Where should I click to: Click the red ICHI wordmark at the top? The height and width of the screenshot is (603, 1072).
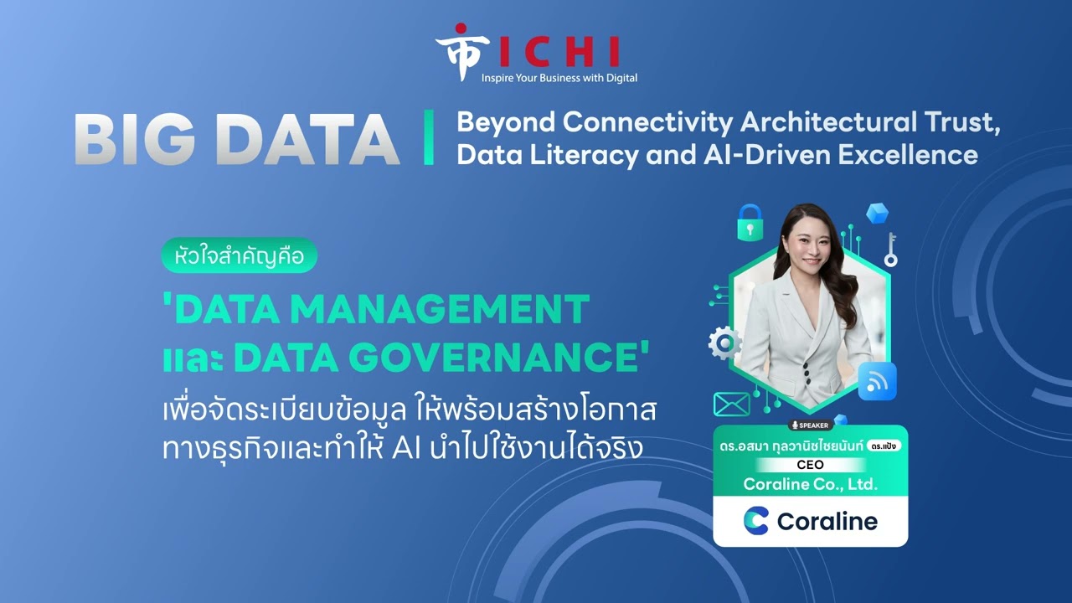click(559, 52)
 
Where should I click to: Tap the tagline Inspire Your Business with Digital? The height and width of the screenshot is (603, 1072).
click(559, 78)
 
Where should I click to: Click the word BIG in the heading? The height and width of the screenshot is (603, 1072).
click(136, 140)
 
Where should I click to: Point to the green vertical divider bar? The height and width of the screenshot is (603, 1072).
click(429, 138)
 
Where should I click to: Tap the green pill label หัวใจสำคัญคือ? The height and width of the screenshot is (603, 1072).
click(240, 255)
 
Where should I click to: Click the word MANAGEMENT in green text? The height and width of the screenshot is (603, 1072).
click(440, 310)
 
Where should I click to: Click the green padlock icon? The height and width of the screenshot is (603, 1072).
click(750, 223)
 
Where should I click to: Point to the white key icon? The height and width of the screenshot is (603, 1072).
click(890, 250)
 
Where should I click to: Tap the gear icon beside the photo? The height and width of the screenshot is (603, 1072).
click(724, 343)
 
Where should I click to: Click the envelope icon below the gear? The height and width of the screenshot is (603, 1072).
click(732, 405)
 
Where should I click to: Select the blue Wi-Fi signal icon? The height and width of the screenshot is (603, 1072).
click(877, 381)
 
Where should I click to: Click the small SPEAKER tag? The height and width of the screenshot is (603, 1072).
click(810, 425)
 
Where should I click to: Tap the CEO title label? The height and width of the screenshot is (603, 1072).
click(810, 465)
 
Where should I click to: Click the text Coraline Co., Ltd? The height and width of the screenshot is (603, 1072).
click(810, 484)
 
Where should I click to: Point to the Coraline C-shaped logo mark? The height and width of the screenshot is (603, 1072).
click(756, 521)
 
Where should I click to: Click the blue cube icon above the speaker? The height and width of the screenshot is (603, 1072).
click(877, 213)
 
